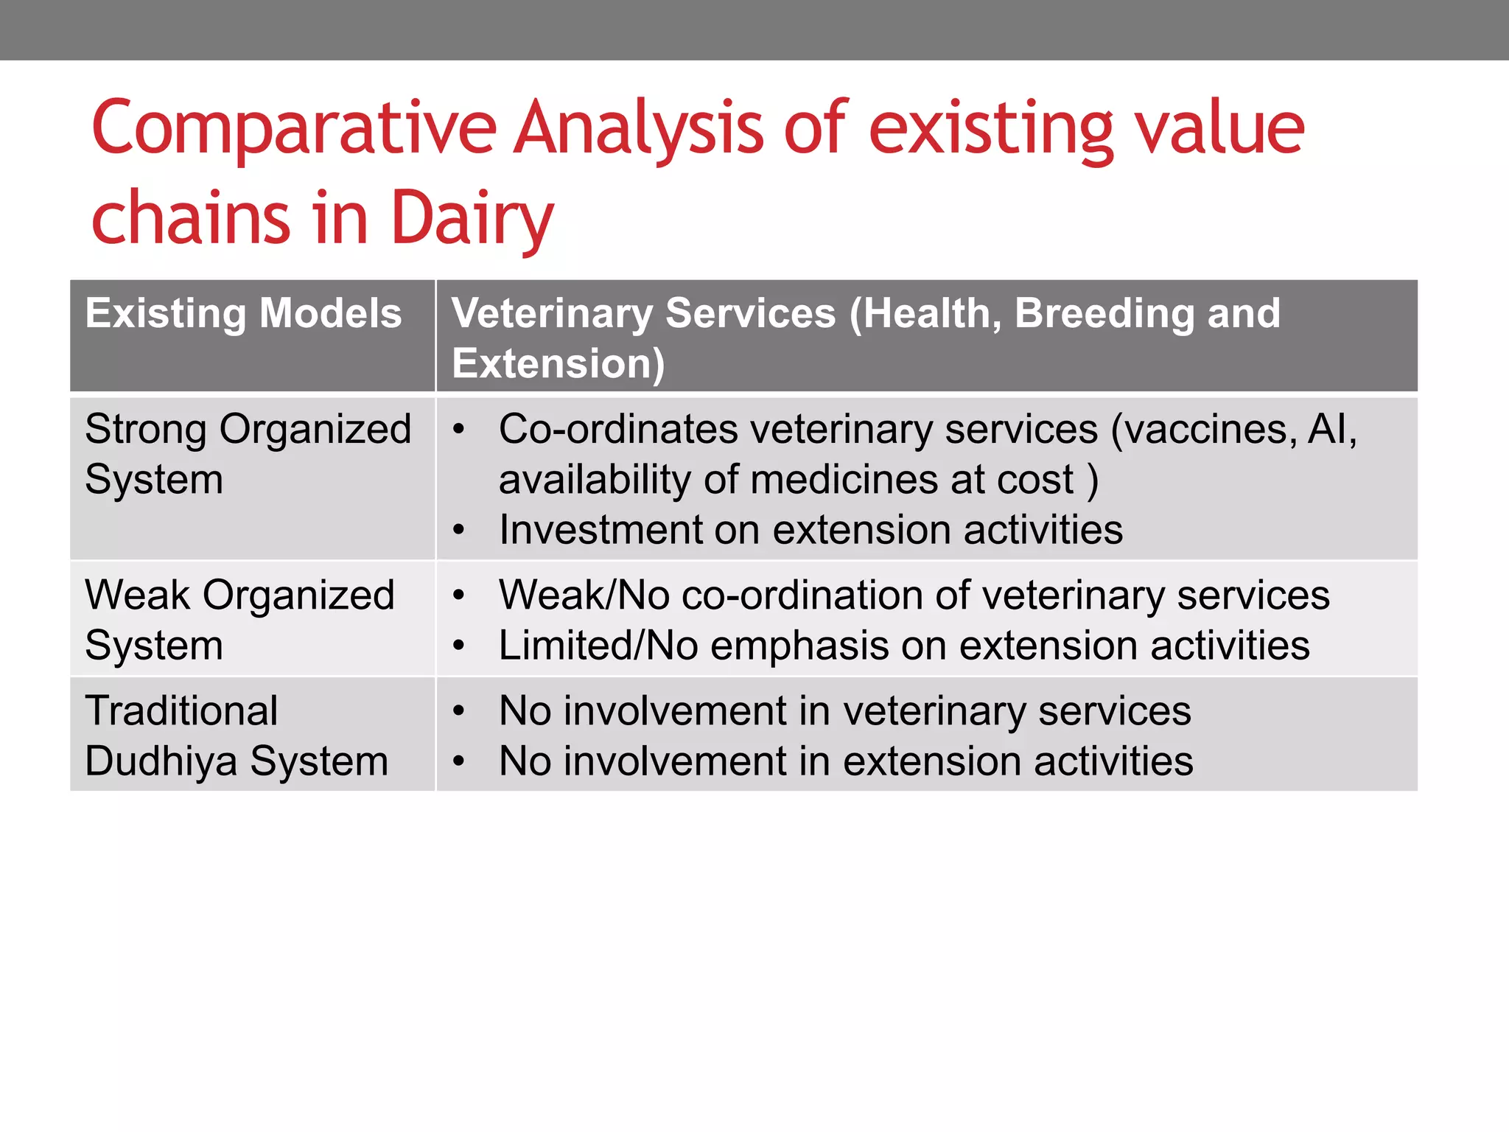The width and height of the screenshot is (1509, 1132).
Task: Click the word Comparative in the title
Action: click(294, 129)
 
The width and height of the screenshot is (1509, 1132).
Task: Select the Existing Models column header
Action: click(243, 313)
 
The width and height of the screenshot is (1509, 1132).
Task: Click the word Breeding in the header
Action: click(1104, 313)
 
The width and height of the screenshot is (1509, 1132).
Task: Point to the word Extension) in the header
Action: click(558, 363)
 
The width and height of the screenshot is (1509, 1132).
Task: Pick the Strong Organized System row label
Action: click(247, 453)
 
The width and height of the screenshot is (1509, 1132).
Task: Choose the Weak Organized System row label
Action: click(239, 619)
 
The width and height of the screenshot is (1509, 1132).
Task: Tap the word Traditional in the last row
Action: click(181, 711)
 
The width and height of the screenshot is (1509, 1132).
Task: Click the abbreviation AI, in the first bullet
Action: click(1332, 429)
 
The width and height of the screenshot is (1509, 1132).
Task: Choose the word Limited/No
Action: click(598, 646)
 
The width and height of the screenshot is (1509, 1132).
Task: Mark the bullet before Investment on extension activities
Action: click(459, 530)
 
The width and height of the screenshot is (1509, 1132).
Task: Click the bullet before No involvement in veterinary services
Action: click(459, 711)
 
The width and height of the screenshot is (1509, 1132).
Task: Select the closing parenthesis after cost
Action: click(1093, 480)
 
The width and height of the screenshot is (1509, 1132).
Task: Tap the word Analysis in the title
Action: click(638, 129)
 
